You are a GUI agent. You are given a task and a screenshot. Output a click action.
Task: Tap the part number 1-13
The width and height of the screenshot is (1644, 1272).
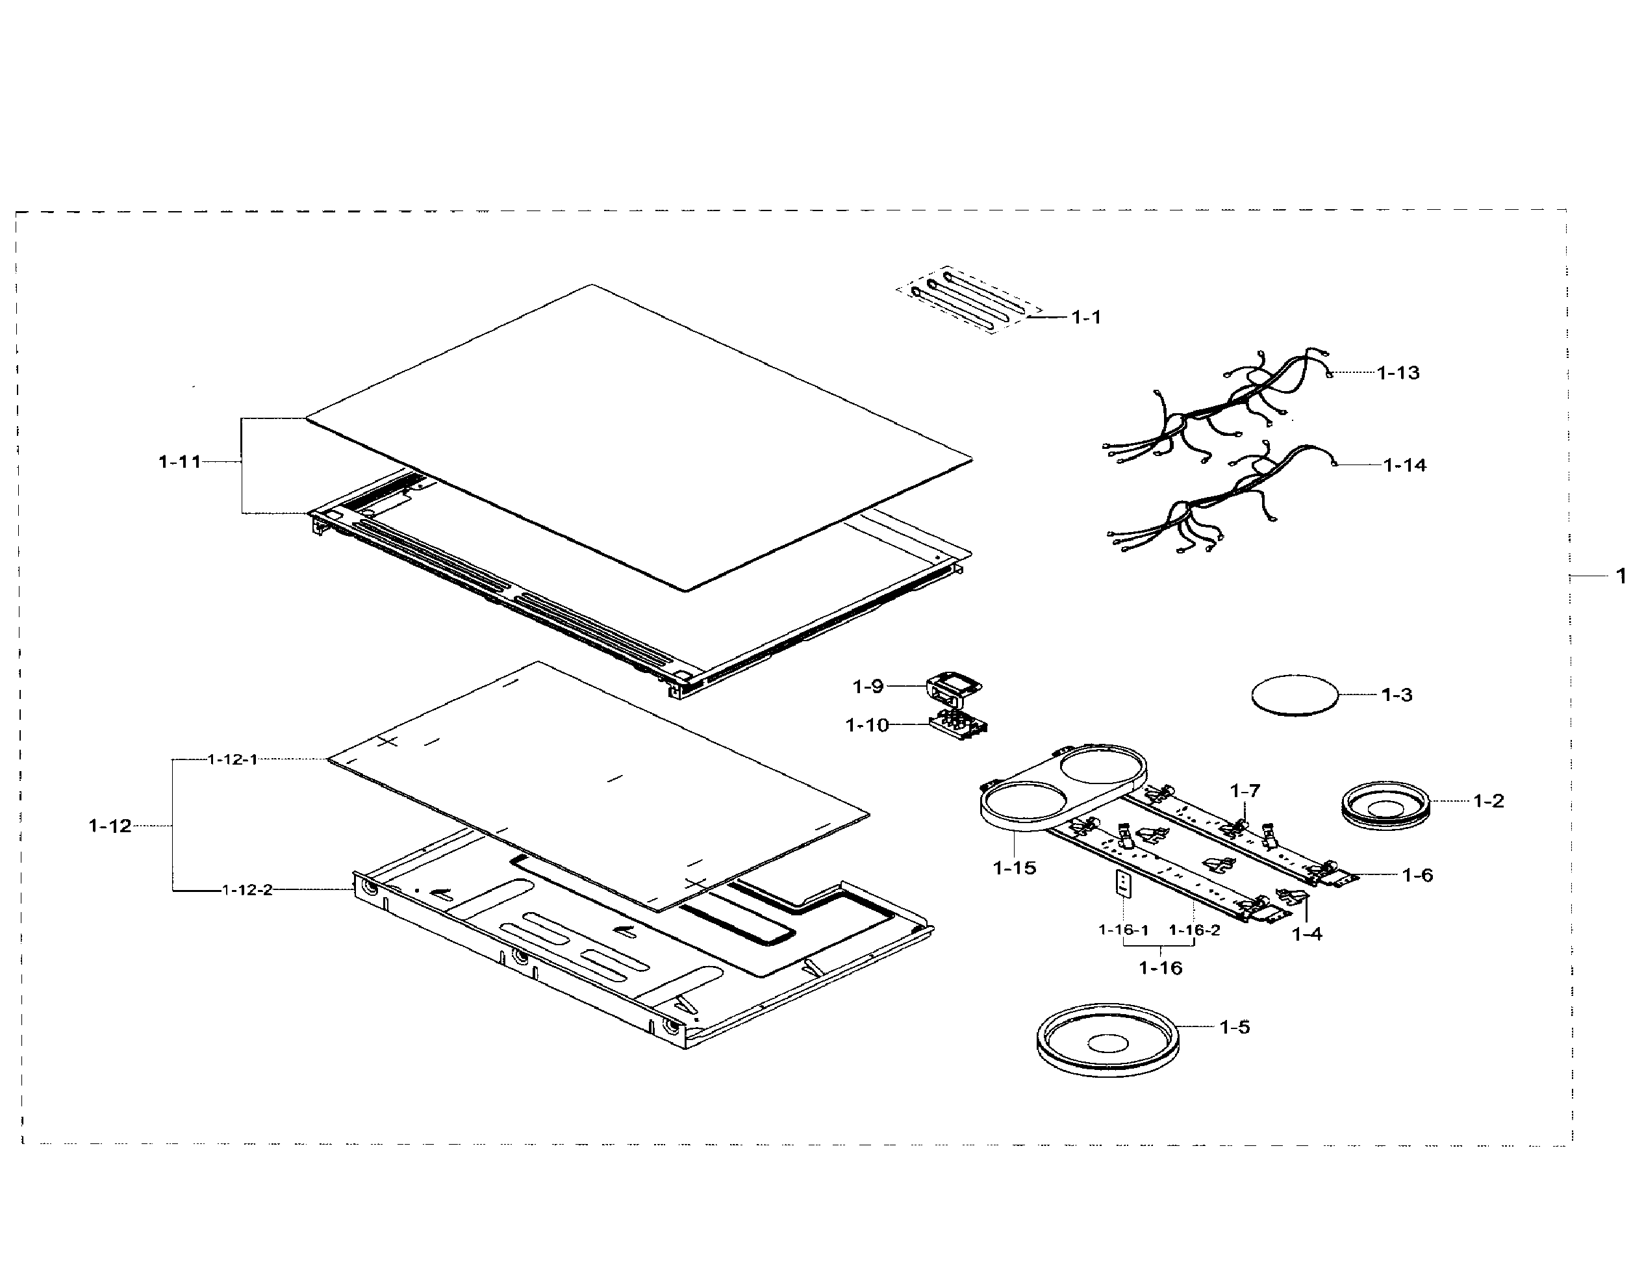(1398, 372)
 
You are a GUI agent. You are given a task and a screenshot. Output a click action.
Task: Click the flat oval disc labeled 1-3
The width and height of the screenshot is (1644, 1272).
(1295, 694)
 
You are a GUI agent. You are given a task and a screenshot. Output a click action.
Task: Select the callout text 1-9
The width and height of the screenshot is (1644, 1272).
(867, 687)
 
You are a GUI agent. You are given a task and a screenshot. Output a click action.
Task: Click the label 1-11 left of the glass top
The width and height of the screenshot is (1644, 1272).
(180, 461)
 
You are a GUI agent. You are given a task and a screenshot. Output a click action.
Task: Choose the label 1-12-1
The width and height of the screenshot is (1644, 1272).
(233, 759)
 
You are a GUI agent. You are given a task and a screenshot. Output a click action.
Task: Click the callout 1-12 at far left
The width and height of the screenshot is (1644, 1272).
(110, 826)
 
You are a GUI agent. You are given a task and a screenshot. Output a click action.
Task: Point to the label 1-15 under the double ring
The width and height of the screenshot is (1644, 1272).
(1014, 868)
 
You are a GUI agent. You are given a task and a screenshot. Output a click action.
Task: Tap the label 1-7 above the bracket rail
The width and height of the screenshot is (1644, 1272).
(1245, 791)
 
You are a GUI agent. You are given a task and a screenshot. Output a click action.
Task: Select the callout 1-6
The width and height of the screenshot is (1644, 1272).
(1417, 874)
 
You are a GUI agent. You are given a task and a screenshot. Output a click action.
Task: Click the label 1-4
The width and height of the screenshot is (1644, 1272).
(1307, 934)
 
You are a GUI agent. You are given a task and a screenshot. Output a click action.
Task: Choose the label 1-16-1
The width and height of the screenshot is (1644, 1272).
(1123, 930)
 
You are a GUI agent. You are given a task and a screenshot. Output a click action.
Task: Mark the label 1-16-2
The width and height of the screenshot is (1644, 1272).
(1194, 930)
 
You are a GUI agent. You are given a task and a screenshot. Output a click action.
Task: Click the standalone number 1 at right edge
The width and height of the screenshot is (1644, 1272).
(1621, 576)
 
